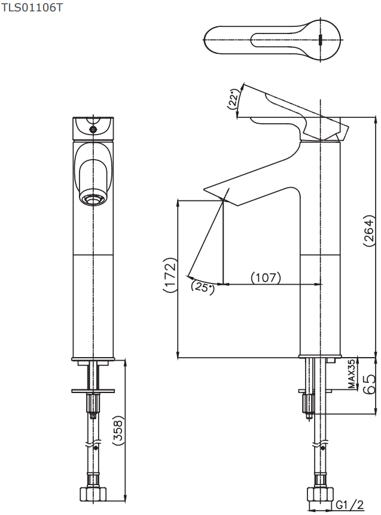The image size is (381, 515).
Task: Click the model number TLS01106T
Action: point(32,7)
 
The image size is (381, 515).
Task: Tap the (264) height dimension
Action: point(369,230)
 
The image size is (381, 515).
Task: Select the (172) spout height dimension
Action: point(170,275)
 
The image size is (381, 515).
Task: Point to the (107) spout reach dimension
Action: point(266,278)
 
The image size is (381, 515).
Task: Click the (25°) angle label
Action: point(203,287)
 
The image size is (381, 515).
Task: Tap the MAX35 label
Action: point(352,374)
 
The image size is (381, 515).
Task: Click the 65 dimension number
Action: point(369,384)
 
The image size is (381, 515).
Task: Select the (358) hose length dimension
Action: point(118,430)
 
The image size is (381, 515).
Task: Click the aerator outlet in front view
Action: point(93,199)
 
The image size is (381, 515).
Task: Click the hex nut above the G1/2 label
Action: point(320,494)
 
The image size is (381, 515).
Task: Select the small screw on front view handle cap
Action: point(94,129)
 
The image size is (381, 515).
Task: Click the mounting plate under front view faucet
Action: point(93,391)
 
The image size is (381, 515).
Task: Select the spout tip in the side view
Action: point(221,196)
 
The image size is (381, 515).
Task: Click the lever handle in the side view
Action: point(292,112)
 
